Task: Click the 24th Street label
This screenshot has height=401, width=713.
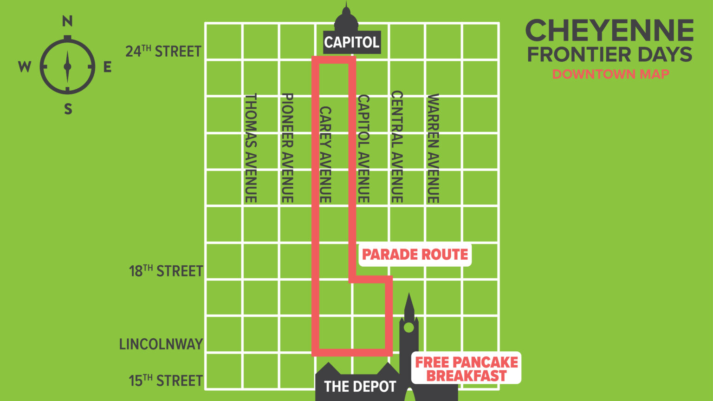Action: click(163, 51)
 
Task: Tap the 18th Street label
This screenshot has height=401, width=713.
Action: click(166, 271)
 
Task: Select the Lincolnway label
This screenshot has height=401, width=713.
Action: click(161, 344)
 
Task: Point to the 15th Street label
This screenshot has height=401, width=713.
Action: click(166, 381)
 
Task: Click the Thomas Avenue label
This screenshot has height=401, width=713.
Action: click(251, 148)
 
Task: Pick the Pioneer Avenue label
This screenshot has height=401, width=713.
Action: click(287, 148)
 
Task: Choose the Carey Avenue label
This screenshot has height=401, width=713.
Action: click(325, 154)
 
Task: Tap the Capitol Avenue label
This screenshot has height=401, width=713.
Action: click(363, 149)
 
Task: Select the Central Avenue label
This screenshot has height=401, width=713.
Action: click(397, 146)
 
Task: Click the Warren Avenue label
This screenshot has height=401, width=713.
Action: click(433, 148)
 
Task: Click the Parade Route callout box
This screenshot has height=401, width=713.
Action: click(415, 255)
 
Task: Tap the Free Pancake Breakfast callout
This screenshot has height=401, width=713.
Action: click(467, 368)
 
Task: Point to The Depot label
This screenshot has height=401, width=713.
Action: click(360, 387)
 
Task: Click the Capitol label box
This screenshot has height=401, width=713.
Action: click(352, 42)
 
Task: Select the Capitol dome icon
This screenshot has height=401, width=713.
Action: click(346, 20)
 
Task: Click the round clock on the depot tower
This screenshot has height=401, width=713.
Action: click(408, 328)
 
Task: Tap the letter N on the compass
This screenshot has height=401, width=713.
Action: click(68, 21)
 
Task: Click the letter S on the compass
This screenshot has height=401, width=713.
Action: click(68, 109)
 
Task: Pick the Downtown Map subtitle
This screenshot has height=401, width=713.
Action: click(610, 74)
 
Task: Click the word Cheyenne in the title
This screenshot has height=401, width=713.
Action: click(609, 31)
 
